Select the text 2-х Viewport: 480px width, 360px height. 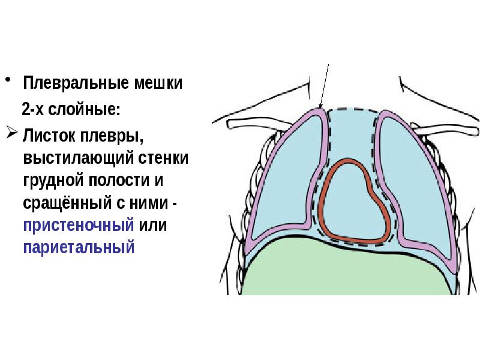click(x=35, y=110)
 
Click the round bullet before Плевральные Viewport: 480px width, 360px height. click(x=8, y=80)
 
